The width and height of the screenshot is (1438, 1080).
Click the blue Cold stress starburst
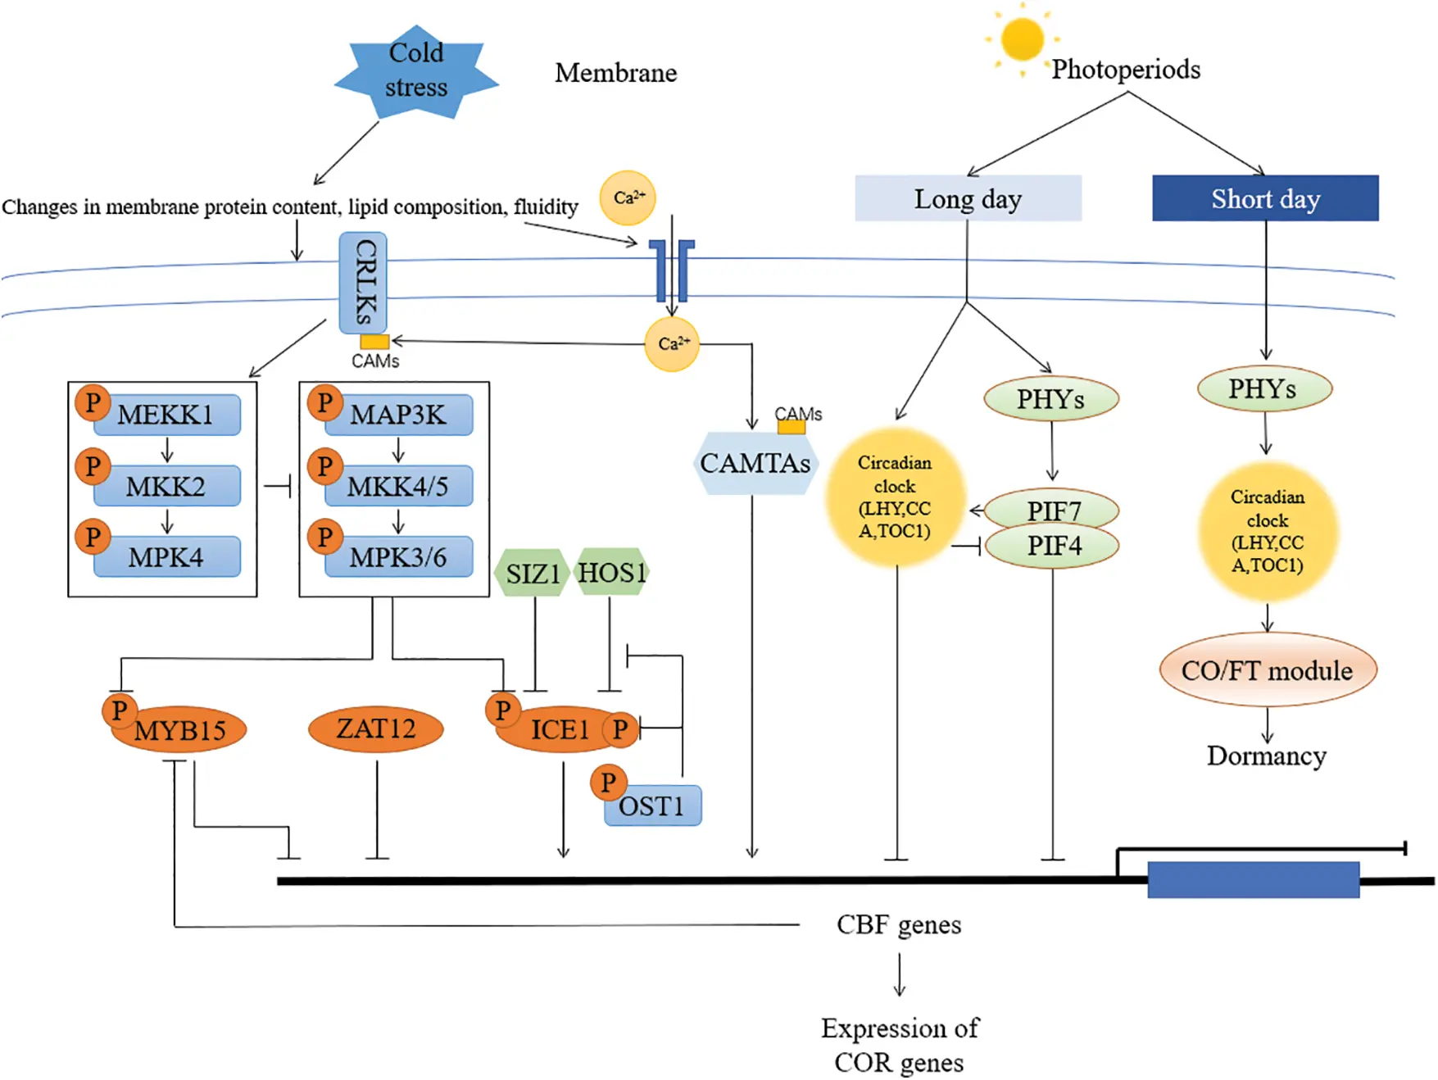click(x=416, y=71)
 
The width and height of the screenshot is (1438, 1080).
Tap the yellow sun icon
click(x=1022, y=39)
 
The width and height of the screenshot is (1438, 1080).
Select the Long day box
click(x=968, y=198)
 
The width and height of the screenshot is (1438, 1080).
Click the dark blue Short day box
click(x=1265, y=198)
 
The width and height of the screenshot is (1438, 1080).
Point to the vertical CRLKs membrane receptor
click(x=363, y=282)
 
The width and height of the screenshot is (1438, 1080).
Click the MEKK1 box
click(x=167, y=415)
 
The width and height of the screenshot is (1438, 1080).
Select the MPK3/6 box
click(x=399, y=557)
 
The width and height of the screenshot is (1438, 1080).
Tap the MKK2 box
click(x=167, y=486)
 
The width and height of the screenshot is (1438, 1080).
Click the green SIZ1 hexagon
click(x=533, y=573)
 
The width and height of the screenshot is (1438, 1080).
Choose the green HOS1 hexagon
click(x=611, y=572)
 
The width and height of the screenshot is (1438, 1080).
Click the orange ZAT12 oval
click(x=376, y=728)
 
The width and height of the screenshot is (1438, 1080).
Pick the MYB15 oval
click(x=180, y=730)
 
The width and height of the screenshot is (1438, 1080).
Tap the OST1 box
click(x=652, y=806)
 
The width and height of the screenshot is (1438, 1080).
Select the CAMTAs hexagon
click(x=755, y=464)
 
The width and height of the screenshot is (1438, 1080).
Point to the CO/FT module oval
click(x=1267, y=670)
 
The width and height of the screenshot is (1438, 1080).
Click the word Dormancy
click(x=1266, y=756)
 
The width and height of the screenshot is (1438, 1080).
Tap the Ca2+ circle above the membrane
click(x=628, y=197)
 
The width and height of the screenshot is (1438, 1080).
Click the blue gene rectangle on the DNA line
click(x=1253, y=880)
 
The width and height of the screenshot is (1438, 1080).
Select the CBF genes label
click(x=899, y=924)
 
